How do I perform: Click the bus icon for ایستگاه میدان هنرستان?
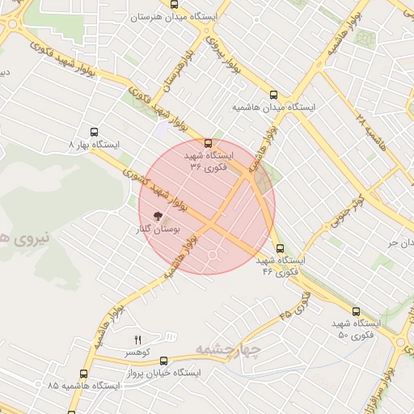coord(175,3)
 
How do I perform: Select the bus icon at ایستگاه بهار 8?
coord(95,132)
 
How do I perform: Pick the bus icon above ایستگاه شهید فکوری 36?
coord(209,142)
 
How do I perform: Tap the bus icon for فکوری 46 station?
coord(280,248)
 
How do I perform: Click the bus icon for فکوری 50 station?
coord(356,310)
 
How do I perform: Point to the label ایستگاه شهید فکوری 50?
coord(355,329)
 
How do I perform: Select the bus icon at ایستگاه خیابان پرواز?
coord(164,361)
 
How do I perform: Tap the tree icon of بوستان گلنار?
coord(158,216)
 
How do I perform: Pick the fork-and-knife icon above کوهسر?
coord(137,339)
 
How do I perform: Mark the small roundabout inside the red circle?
coord(213,256)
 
